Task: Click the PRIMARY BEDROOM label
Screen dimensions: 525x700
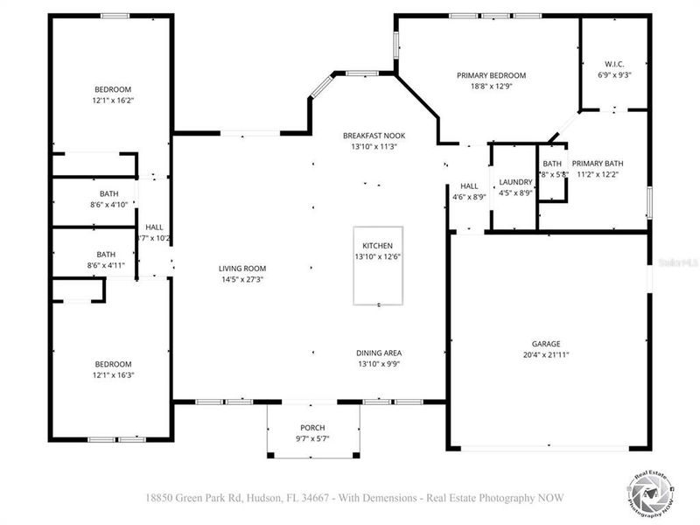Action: [491, 75]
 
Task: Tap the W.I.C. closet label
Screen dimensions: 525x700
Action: [613, 63]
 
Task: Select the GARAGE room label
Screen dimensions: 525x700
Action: [546, 344]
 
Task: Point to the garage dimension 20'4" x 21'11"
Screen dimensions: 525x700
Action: [546, 354]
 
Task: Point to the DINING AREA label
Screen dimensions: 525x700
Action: [379, 353]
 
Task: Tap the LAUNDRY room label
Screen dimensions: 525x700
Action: [515, 182]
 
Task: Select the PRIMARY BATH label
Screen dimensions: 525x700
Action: [597, 164]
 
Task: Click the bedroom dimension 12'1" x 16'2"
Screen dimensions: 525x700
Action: [113, 100]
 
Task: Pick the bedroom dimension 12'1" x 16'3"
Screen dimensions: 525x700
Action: [113, 374]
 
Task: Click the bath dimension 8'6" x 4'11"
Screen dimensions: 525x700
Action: [106, 265]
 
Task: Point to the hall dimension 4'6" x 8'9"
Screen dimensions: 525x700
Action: [469, 197]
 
